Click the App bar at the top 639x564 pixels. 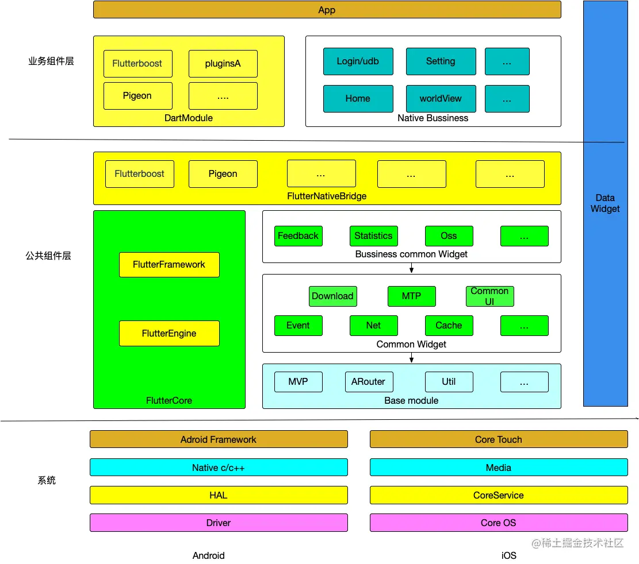(327, 10)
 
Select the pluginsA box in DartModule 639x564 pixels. (223, 64)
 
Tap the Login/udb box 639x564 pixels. (358, 61)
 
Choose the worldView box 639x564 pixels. (441, 99)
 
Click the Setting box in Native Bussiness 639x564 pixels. (441, 61)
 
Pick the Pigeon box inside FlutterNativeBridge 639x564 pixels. (223, 174)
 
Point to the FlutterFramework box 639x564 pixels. (169, 265)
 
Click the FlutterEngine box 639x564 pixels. (169, 334)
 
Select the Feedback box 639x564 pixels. (298, 236)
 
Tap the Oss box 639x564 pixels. (449, 236)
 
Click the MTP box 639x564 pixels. (411, 296)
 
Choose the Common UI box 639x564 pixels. (489, 296)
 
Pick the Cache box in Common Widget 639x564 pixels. (449, 326)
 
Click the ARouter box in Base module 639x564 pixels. (369, 382)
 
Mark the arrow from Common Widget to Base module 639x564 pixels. (412, 357)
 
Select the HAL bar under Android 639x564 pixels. (219, 495)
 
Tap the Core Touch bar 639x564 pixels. (499, 439)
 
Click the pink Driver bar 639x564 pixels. (219, 523)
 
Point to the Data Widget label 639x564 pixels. (605, 203)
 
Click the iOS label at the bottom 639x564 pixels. (509, 555)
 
